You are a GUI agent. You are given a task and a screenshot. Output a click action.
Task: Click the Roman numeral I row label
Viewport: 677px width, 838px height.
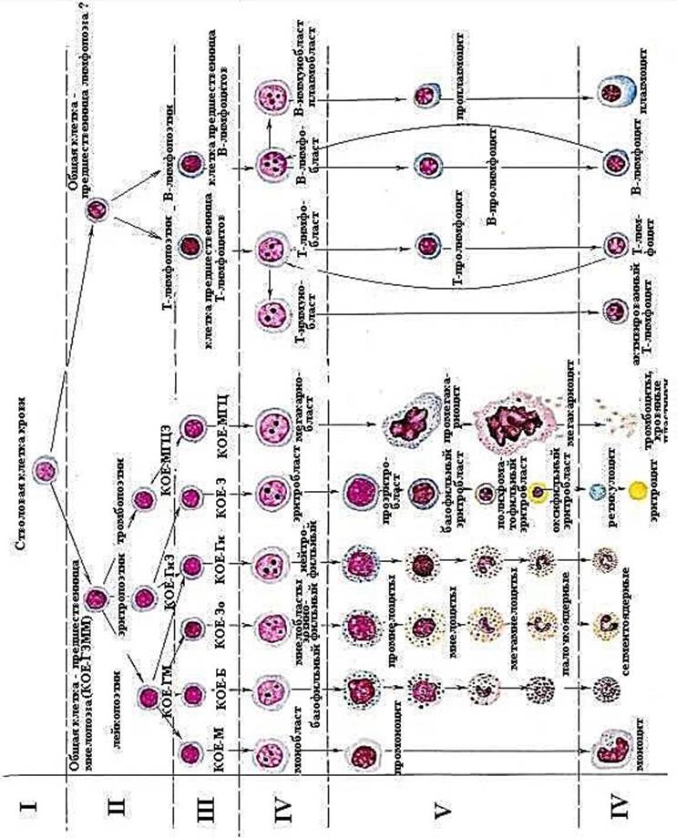27,805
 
